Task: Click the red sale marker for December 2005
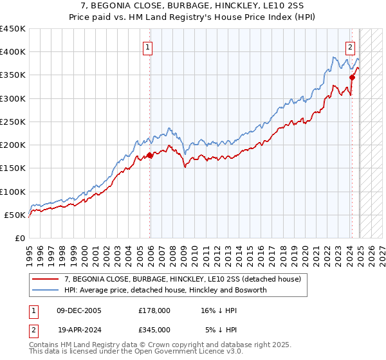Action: [150, 155]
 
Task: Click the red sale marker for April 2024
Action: [352, 77]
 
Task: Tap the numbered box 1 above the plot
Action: [148, 46]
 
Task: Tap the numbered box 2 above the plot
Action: [350, 46]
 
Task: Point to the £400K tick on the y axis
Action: [13, 52]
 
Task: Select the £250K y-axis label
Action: [13, 122]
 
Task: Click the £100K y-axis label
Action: [13, 192]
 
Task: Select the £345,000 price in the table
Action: [154, 329]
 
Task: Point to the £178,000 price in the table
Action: [154, 310]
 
